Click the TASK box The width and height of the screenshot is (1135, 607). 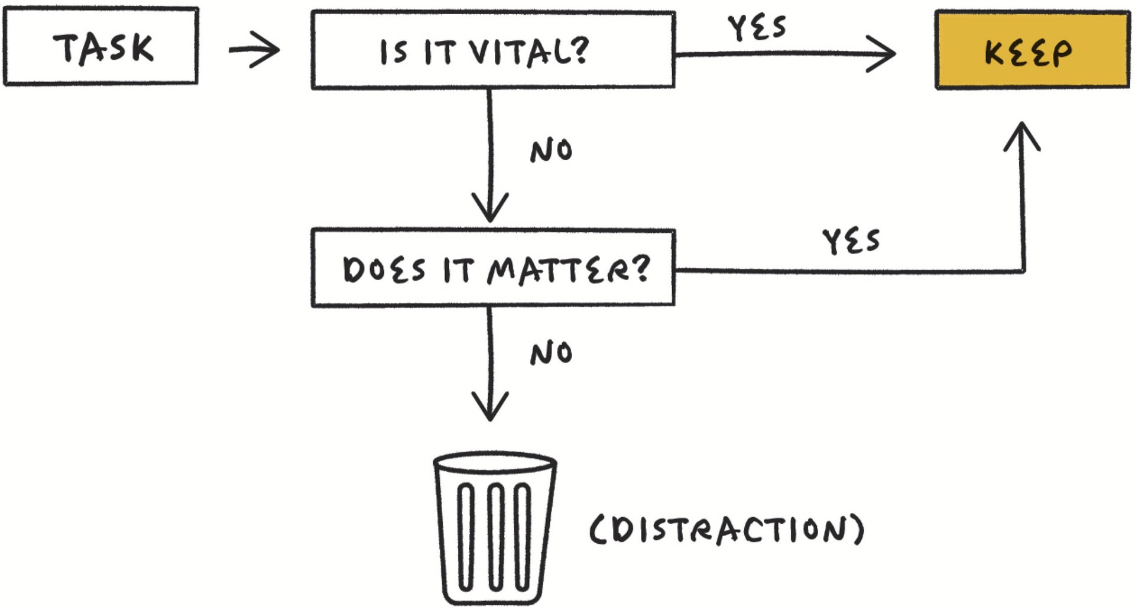pyautogui.click(x=101, y=46)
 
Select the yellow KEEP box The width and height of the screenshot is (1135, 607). pyautogui.click(x=1032, y=51)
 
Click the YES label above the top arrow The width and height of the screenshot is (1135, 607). pyautogui.click(x=757, y=27)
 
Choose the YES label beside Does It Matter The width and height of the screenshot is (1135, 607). pyautogui.click(x=851, y=241)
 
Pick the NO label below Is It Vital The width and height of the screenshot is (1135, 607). pyautogui.click(x=551, y=151)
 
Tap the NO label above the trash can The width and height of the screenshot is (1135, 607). pyautogui.click(x=551, y=353)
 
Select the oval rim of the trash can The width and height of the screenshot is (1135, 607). pyautogui.click(x=495, y=462)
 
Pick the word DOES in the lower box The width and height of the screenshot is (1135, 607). pyautogui.click(x=384, y=270)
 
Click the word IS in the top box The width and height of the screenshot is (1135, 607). pyautogui.click(x=394, y=52)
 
